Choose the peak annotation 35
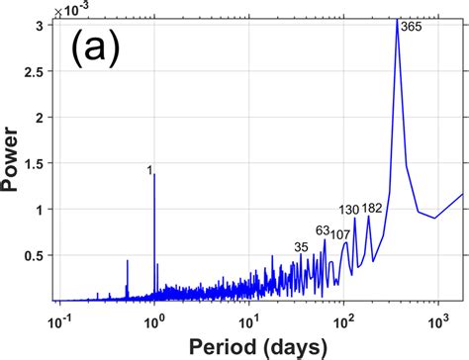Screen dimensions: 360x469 [x=301, y=246]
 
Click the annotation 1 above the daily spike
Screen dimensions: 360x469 [x=149, y=170]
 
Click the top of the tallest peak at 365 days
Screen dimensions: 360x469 [x=397, y=21]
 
